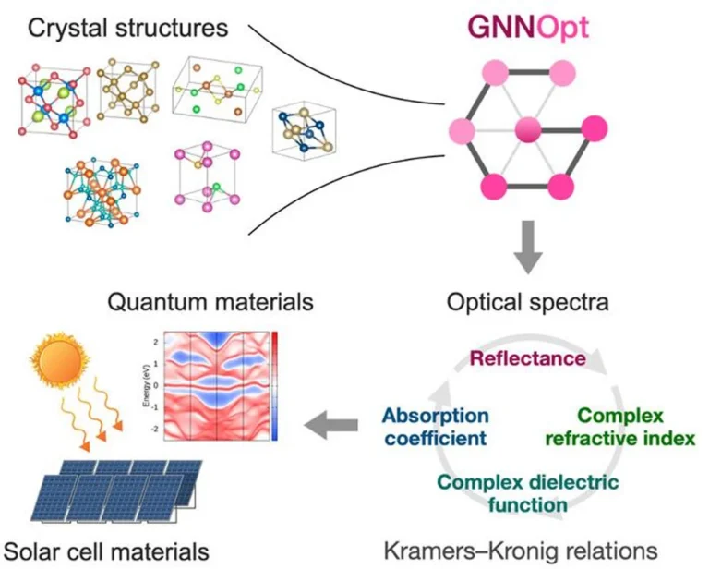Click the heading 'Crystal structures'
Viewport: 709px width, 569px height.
tap(127, 27)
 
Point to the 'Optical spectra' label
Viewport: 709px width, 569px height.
tap(527, 302)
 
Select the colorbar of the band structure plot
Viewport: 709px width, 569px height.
tap(274, 383)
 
